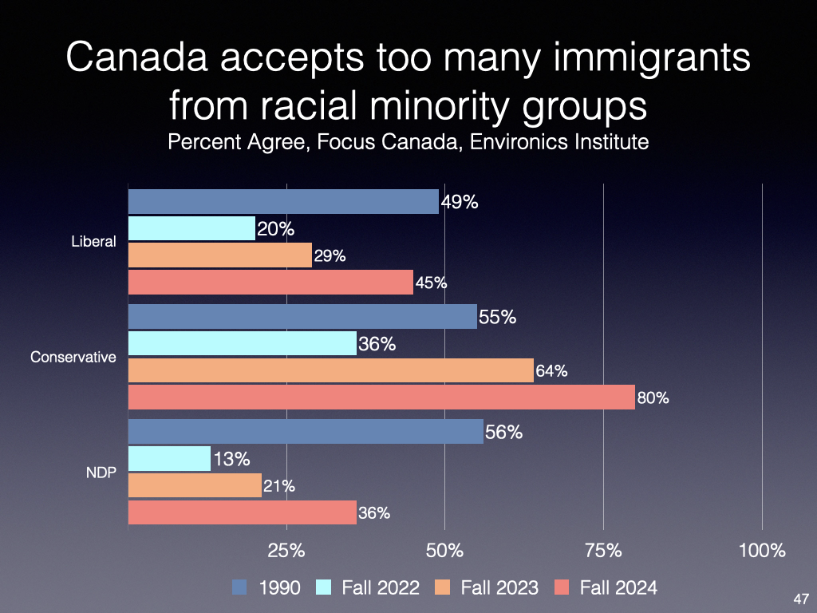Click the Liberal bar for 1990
tap(283, 201)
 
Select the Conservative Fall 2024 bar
tap(381, 397)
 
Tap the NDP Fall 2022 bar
tap(169, 459)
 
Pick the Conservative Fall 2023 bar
tap(330, 370)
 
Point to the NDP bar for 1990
tap(306, 432)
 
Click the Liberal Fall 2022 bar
tap(191, 229)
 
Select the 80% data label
tap(653, 397)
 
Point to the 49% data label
tap(460, 202)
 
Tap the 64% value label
tap(551, 370)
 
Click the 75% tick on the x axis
tap(603, 550)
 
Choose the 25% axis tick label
tap(286, 550)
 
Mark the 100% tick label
tap(762, 550)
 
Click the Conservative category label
tap(73, 358)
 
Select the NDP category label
tap(101, 473)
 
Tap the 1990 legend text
tap(279, 588)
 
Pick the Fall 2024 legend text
tap(618, 588)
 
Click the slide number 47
tap(802, 599)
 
